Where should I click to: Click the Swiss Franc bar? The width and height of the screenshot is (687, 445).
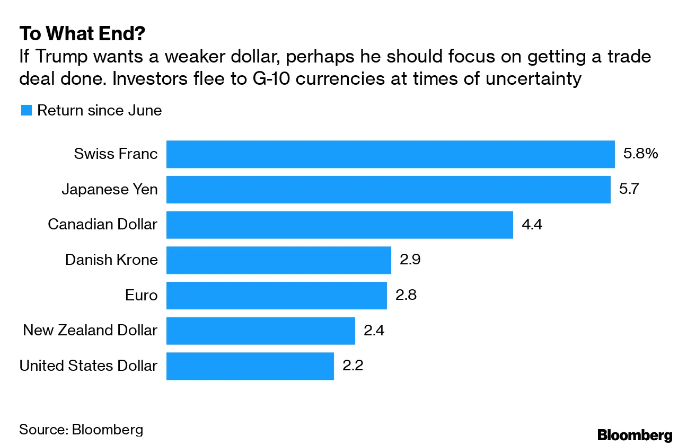coord(390,154)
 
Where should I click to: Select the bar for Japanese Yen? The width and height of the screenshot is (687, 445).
coord(388,189)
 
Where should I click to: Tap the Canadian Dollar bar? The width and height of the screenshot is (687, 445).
coord(339,225)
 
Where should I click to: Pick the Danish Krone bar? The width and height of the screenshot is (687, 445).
coord(278,260)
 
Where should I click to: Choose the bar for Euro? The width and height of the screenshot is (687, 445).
coord(276,295)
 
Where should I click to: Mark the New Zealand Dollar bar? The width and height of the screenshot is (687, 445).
coord(260,331)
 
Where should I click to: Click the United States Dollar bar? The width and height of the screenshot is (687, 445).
coord(250,366)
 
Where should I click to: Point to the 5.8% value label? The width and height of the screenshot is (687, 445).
coord(640,154)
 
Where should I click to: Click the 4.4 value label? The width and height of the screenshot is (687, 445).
coord(533,225)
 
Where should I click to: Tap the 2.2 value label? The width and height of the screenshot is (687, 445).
coord(353,366)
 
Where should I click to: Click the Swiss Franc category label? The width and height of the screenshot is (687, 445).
coord(116,154)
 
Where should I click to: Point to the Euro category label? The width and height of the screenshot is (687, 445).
coord(141,295)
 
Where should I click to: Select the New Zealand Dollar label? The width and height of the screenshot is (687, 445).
coord(90,331)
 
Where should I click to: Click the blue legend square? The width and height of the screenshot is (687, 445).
coord(26,110)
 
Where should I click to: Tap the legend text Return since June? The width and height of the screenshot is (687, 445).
coord(99,110)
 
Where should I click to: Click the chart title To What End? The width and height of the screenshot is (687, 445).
coord(82,34)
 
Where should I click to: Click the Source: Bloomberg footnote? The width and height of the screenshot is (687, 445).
coord(81,429)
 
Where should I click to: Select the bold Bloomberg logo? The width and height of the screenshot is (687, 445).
coord(635,435)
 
